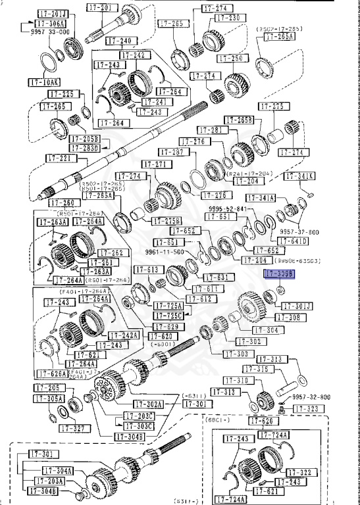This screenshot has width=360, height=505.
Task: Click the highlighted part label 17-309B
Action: click(278, 273)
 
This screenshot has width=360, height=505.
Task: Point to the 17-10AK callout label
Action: click(43, 82)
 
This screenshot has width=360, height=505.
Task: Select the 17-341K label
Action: click(299, 176)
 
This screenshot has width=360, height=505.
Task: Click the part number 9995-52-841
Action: click(227, 208)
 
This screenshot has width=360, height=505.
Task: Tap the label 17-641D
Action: click(294, 241)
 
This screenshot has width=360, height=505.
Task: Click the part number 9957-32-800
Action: click(311, 397)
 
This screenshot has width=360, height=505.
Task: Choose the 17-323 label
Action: click(305, 408)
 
